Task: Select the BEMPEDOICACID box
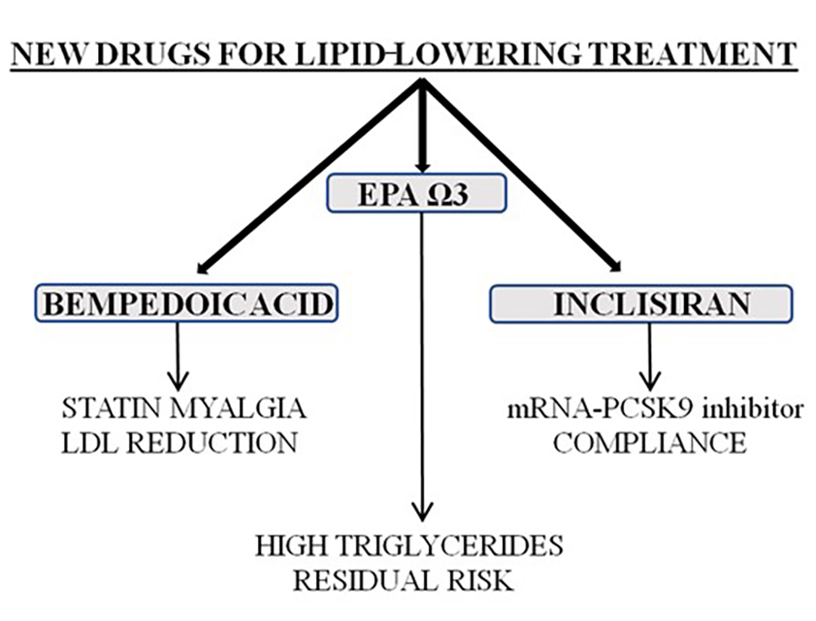coord(185,305)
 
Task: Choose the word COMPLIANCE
coord(650,443)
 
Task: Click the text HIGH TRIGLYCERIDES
coord(408,545)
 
